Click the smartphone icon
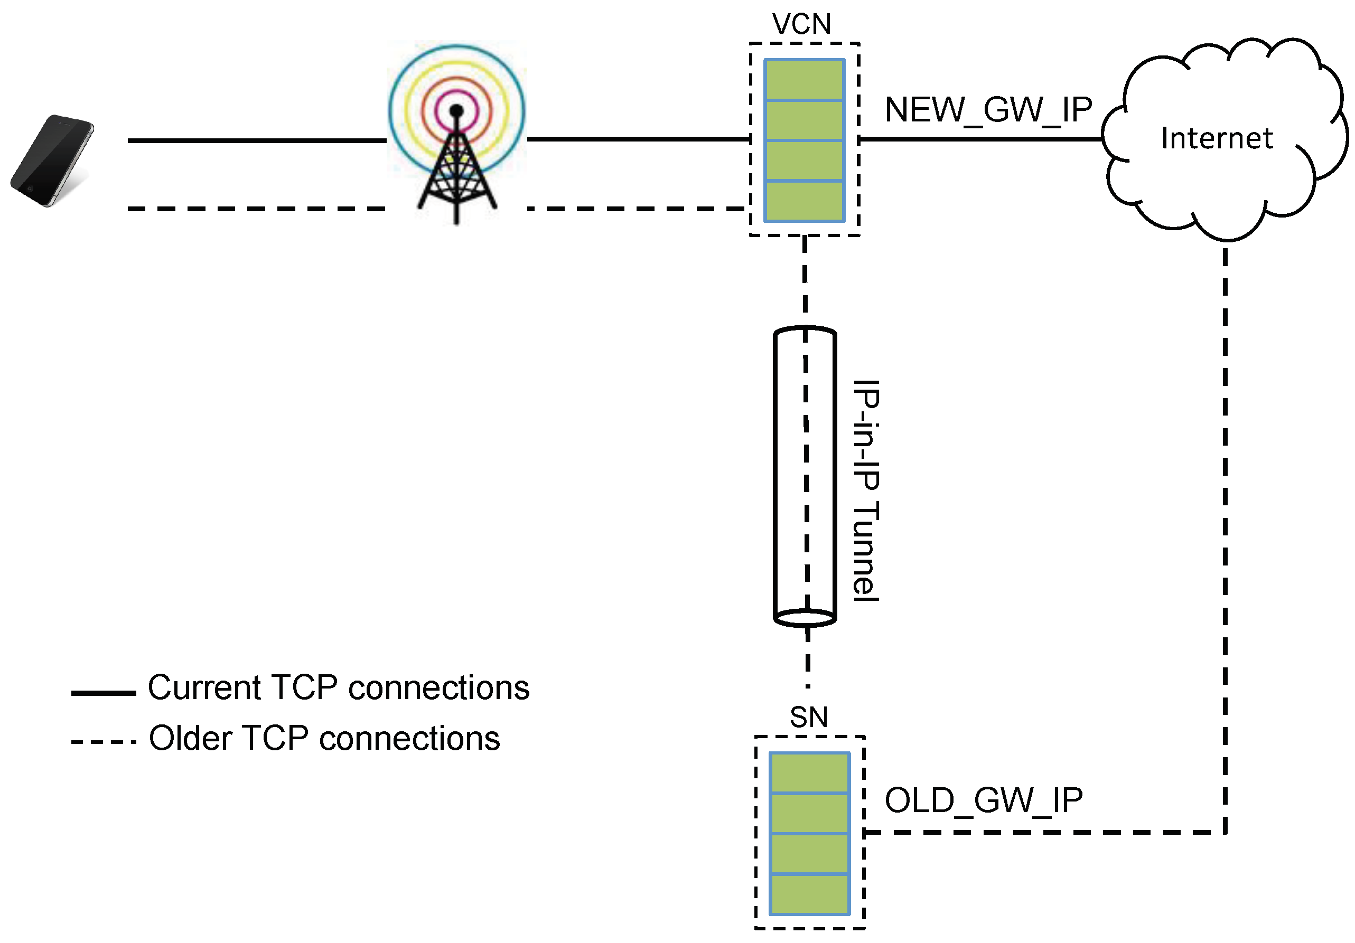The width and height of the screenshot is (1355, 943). (x=52, y=161)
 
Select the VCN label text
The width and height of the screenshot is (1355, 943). (x=801, y=25)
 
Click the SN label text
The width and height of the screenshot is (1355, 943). (x=809, y=718)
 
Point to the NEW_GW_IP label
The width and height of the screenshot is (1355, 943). (x=988, y=110)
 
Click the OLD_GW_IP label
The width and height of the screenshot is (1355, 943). (x=984, y=800)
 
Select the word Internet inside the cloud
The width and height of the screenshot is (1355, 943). (x=1217, y=138)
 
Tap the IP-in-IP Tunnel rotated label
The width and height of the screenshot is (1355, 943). (x=866, y=491)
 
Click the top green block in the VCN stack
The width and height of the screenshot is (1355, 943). (x=804, y=80)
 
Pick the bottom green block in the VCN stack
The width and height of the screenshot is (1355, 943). (x=804, y=201)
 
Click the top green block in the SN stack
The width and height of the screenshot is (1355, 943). (x=809, y=773)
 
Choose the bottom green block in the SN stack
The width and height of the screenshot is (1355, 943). (x=809, y=893)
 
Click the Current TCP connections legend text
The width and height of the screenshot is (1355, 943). (x=339, y=687)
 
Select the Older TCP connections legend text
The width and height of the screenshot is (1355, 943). (x=324, y=738)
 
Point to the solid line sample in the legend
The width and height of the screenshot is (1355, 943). (x=104, y=693)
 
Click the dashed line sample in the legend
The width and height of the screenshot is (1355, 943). (x=104, y=742)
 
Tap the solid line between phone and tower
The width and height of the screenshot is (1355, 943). (x=257, y=140)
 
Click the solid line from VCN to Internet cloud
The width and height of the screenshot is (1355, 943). (x=979, y=139)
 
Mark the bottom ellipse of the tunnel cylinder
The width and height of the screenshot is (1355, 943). (x=805, y=618)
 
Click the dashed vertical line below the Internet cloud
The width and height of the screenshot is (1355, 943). (x=1225, y=531)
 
